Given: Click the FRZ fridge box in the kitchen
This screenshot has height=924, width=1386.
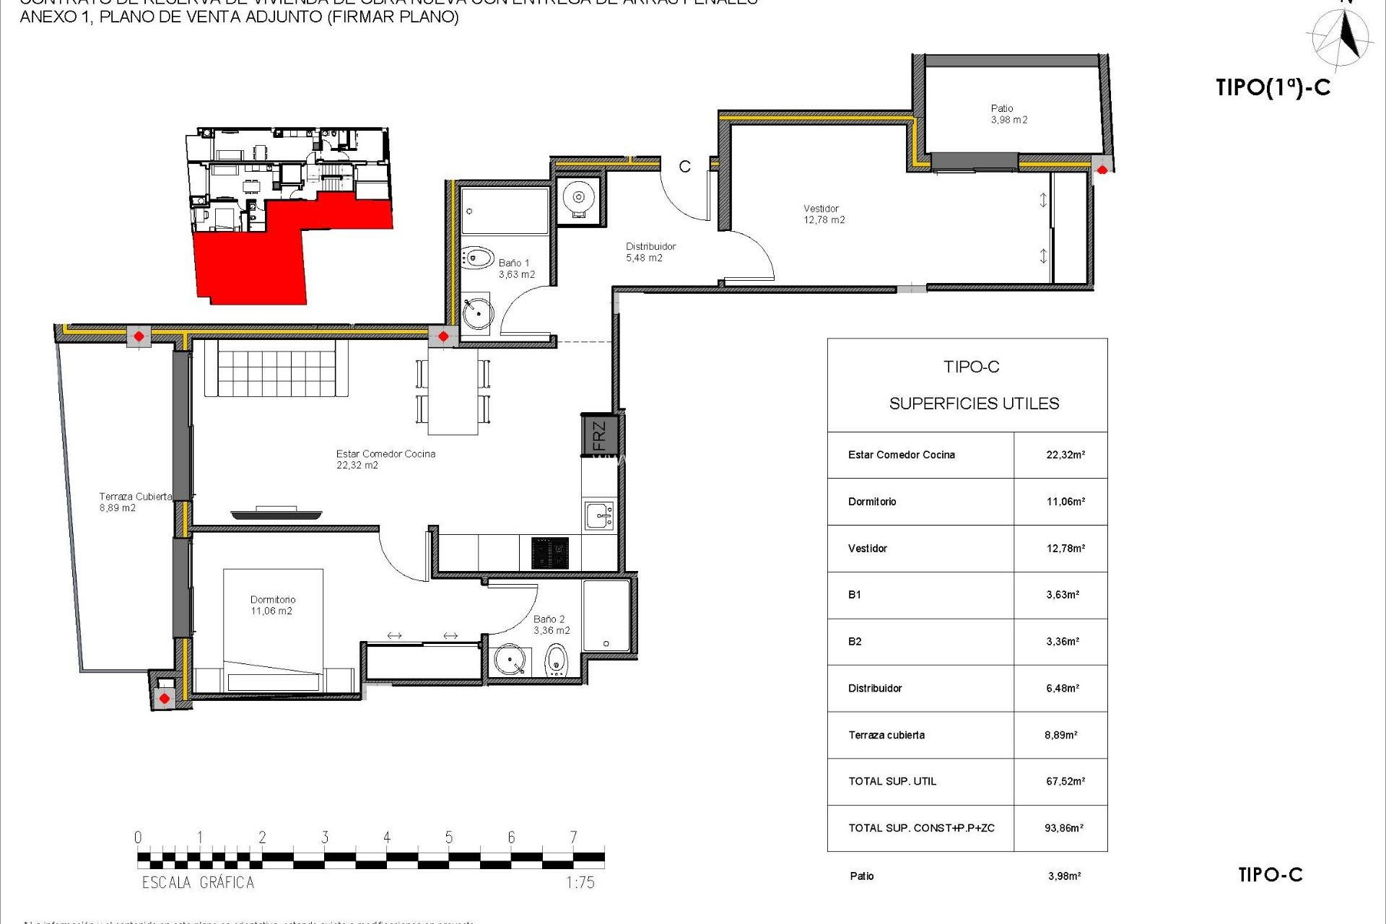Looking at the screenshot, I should click(598, 435).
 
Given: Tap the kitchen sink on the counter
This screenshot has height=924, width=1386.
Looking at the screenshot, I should click(599, 516).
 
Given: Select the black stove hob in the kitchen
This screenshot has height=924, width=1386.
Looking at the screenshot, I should click(550, 553).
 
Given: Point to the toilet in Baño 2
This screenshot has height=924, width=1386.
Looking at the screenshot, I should click(555, 659).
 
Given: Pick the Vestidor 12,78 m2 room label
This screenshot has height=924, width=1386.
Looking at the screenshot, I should click(824, 214).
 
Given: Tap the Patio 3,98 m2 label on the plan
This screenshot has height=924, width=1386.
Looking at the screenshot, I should click(1008, 114).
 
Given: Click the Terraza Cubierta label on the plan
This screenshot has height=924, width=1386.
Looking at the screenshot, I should click(134, 502).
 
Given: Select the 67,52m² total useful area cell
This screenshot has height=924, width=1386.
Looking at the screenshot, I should click(1065, 781).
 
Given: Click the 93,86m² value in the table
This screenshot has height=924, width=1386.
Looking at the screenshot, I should click(1063, 828).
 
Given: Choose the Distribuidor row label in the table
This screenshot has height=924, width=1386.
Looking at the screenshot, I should click(875, 688).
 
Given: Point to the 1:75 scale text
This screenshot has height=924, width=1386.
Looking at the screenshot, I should click(580, 882).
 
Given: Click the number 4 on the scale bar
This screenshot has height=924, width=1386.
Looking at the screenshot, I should click(387, 837).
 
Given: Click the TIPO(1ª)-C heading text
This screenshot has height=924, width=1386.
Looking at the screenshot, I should click(1273, 87).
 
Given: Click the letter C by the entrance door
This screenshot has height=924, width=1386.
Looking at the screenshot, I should click(684, 167).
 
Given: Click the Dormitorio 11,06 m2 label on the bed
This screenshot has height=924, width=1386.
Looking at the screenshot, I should click(272, 605).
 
